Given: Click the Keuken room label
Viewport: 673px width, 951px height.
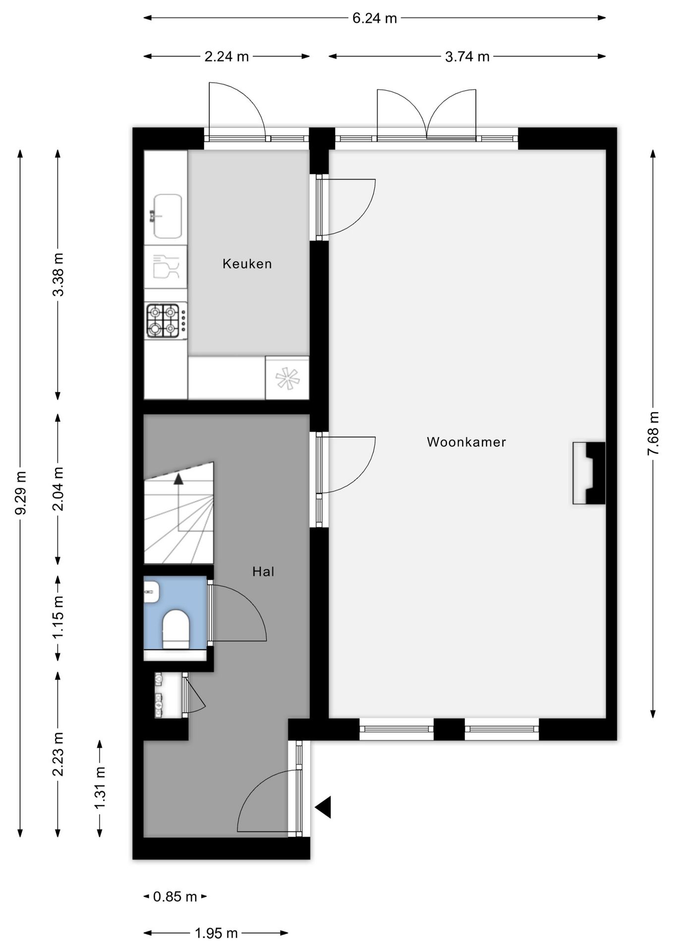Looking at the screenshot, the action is pyautogui.click(x=247, y=264).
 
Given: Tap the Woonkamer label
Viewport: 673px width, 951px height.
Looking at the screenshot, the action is pyautogui.click(x=466, y=442).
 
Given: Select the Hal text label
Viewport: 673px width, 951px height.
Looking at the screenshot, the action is pyautogui.click(x=263, y=572).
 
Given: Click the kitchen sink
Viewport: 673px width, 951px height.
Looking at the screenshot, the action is pyautogui.click(x=167, y=216).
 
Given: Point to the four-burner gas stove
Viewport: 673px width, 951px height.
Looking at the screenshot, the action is pyautogui.click(x=166, y=320).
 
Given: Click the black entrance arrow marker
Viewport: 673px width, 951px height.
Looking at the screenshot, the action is pyautogui.click(x=323, y=807).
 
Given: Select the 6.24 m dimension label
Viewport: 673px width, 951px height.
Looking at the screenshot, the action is pyautogui.click(x=375, y=18).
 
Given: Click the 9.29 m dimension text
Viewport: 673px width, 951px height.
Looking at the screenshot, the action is pyautogui.click(x=21, y=493).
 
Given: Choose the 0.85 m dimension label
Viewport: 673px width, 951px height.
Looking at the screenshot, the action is pyautogui.click(x=175, y=897).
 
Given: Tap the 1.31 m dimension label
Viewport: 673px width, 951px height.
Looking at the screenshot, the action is pyautogui.click(x=100, y=788).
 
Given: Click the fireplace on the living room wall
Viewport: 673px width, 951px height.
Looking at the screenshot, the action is pyautogui.click(x=589, y=473).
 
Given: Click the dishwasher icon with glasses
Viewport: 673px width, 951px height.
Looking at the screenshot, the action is pyautogui.click(x=166, y=267).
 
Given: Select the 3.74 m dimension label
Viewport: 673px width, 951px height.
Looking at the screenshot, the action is pyautogui.click(x=467, y=56).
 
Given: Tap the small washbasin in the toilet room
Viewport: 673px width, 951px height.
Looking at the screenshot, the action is pyautogui.click(x=152, y=592).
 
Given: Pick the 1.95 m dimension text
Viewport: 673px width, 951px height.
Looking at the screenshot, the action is pyautogui.click(x=216, y=933).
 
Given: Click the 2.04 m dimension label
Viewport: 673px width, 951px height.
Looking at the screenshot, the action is pyautogui.click(x=58, y=489).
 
